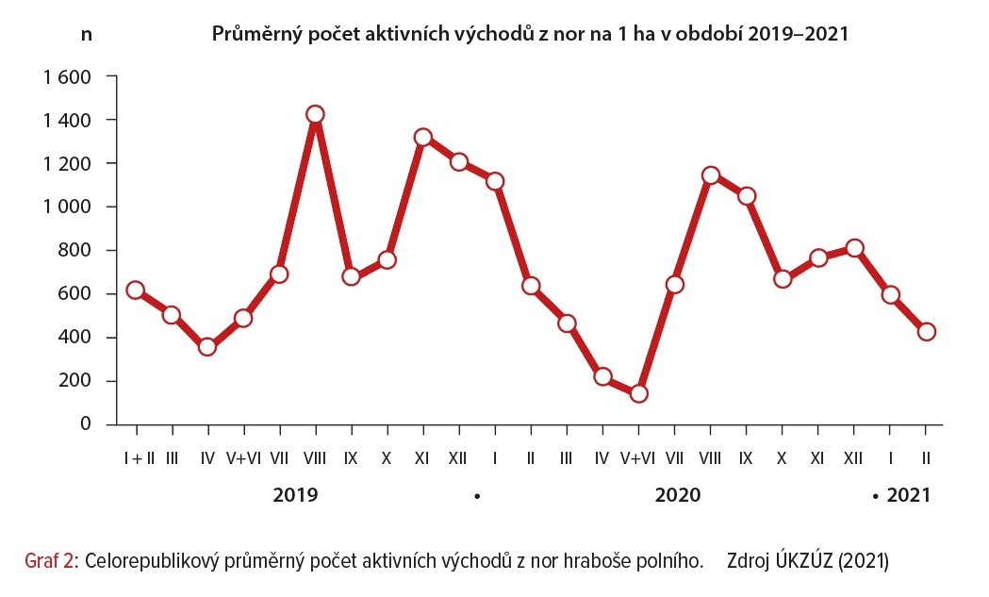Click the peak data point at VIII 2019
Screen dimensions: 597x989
(x=315, y=115)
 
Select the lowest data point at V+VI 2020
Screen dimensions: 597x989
(x=638, y=393)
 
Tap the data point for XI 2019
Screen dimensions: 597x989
(x=422, y=138)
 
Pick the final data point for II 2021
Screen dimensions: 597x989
(x=926, y=332)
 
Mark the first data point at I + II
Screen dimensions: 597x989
(x=136, y=290)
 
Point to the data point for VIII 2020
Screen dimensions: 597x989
(x=710, y=175)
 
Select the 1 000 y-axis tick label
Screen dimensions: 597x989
(x=65, y=207)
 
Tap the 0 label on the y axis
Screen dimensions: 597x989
(x=85, y=424)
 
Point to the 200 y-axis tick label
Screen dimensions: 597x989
(x=73, y=381)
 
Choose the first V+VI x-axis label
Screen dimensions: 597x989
(x=243, y=458)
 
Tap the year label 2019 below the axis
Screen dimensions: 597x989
(x=295, y=495)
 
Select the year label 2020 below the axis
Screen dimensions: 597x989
(x=677, y=495)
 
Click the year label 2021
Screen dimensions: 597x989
(x=908, y=495)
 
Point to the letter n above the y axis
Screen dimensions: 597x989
(x=87, y=35)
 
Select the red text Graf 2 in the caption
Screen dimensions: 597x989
(x=49, y=560)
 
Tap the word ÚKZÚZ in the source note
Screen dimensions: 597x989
(x=802, y=560)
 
